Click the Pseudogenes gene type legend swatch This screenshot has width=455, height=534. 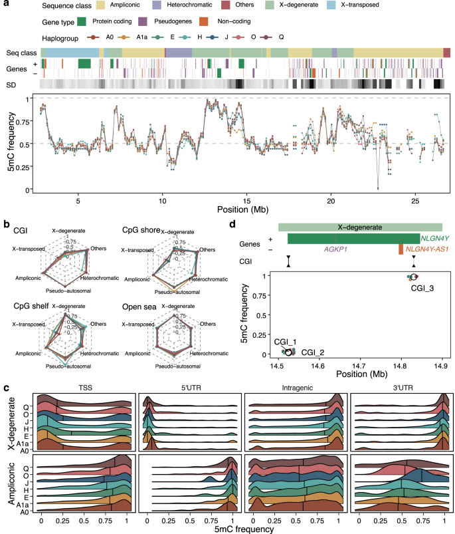tap(180, 23)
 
